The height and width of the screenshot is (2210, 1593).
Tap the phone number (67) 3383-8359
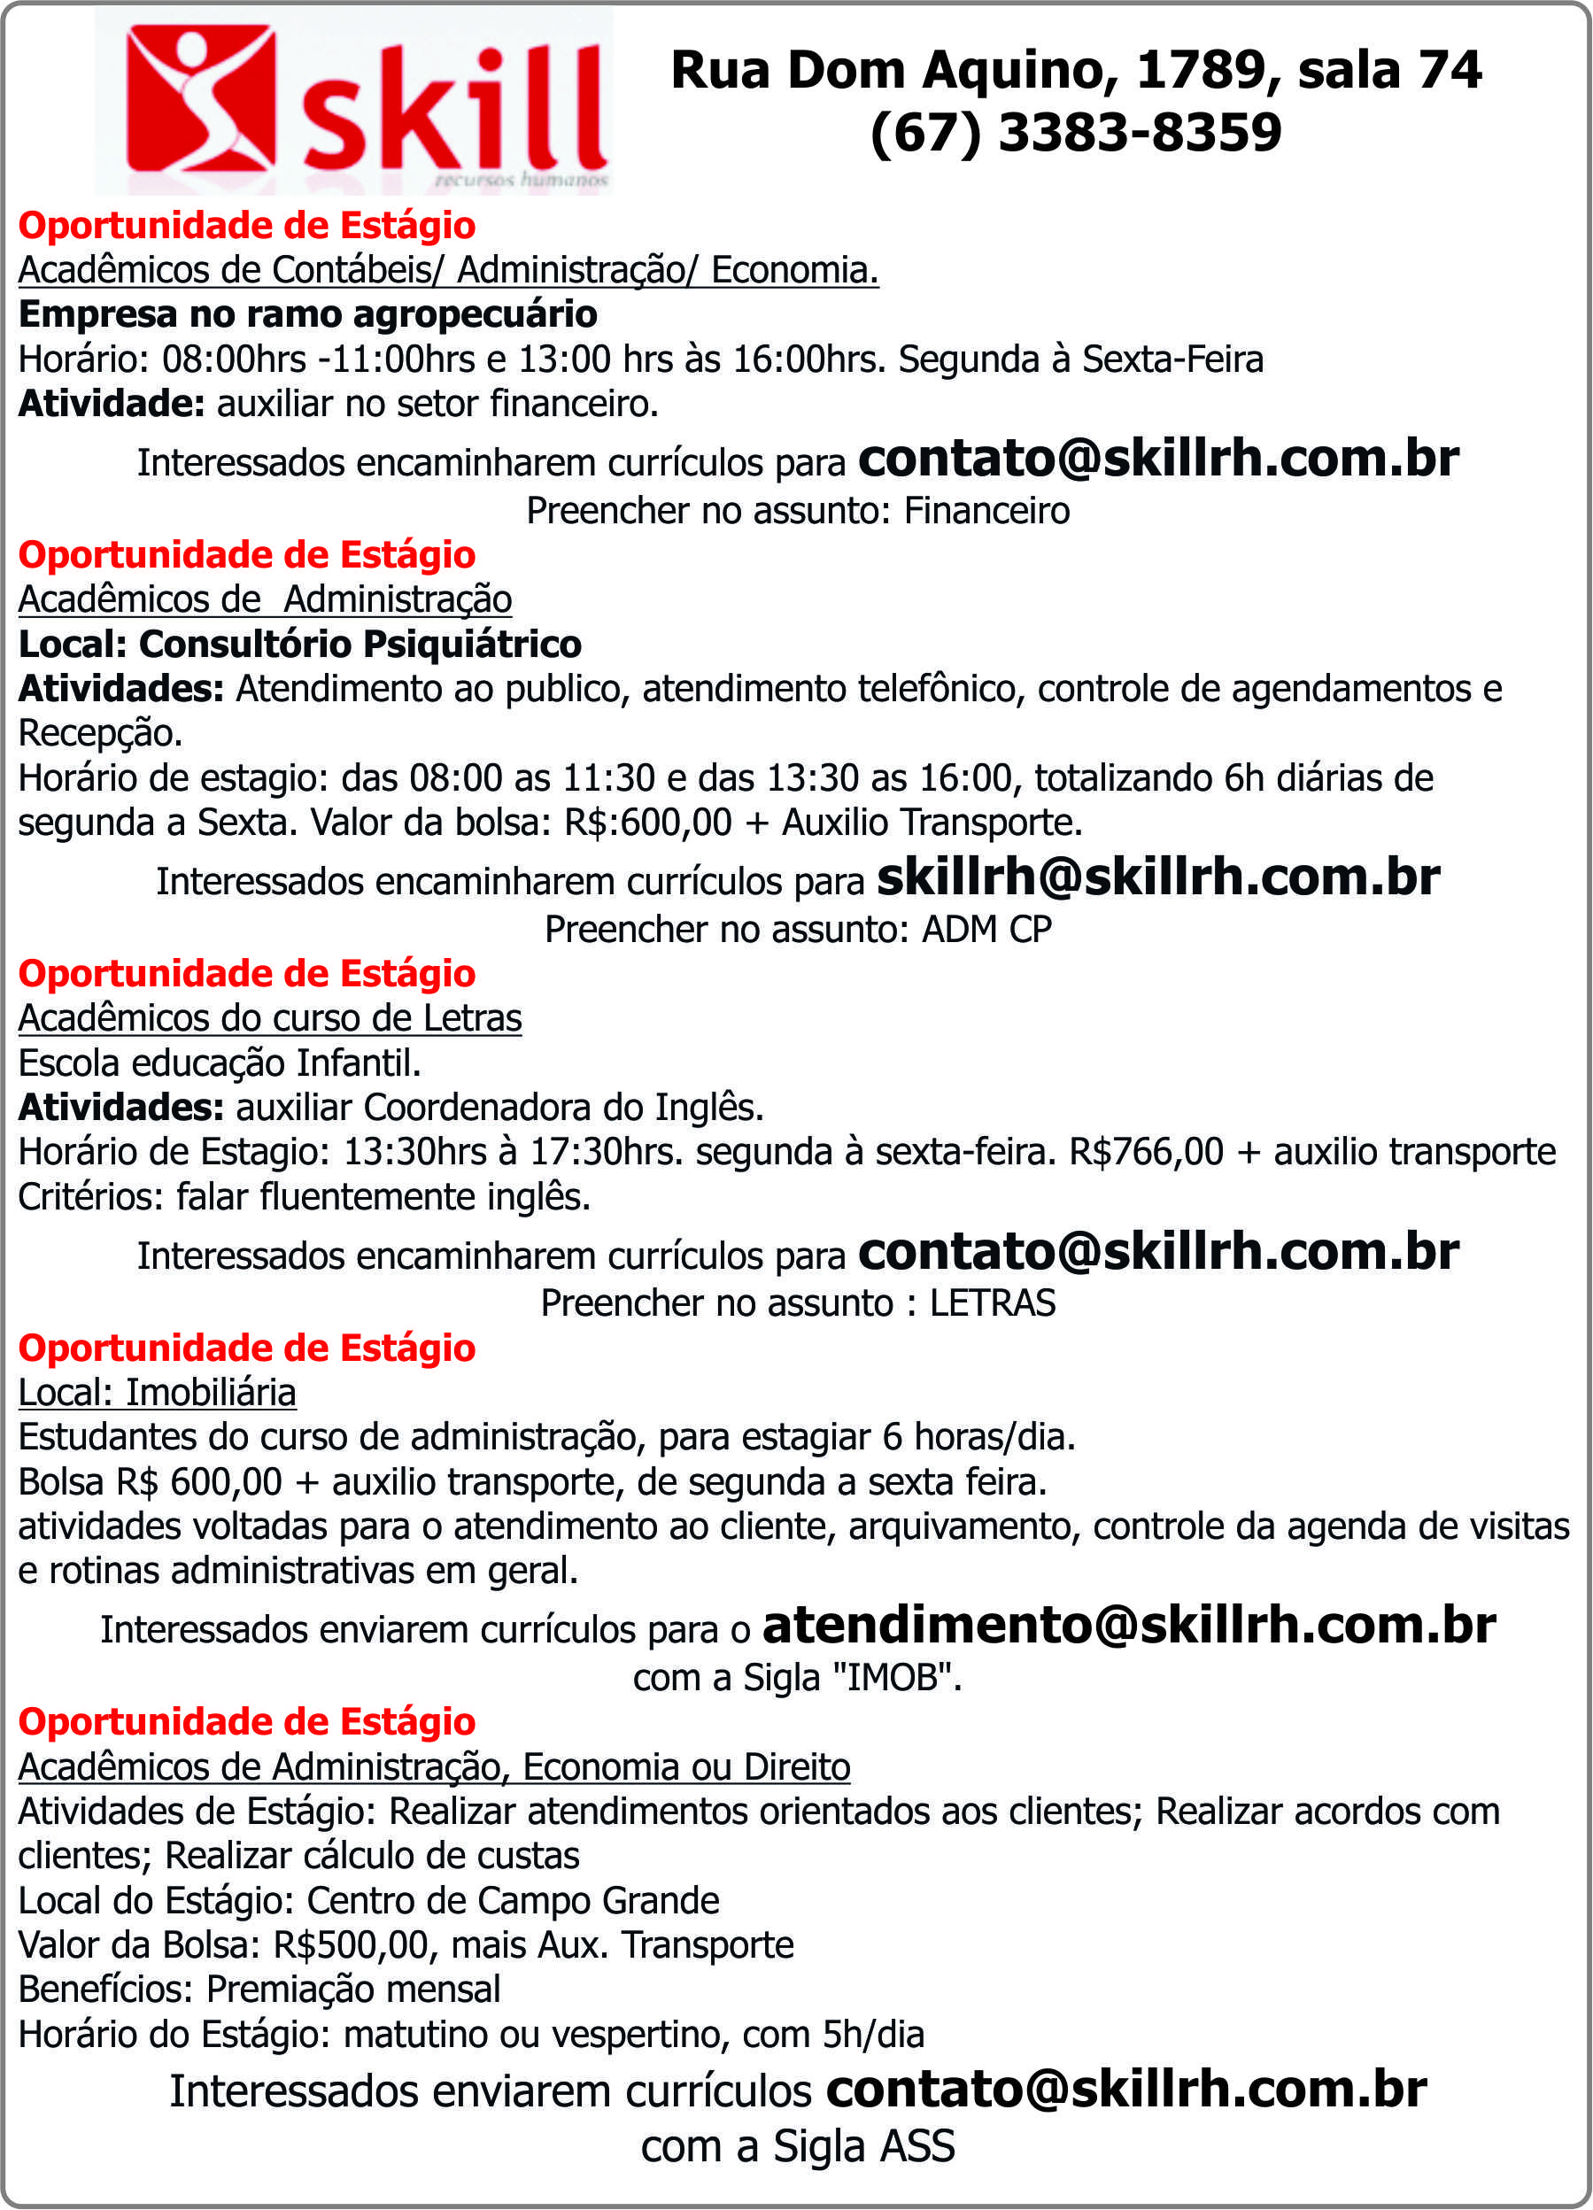[1075, 133]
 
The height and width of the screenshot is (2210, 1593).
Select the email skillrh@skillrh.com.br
[1157, 878]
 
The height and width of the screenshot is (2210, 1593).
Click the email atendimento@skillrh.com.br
[1128, 1626]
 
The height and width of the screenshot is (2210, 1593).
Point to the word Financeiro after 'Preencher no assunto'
[986, 511]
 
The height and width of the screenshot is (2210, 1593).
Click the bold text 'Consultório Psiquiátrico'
[360, 644]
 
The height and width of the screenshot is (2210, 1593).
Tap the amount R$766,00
[1146, 1152]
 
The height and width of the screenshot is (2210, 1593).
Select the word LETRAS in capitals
[992, 1302]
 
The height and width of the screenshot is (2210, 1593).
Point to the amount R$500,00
[350, 1945]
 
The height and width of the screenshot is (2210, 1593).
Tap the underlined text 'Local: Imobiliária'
[157, 1393]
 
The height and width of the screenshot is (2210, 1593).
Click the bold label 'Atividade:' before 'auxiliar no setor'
[111, 404]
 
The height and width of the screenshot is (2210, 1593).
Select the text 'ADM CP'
[986, 930]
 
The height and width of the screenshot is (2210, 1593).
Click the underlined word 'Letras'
[472, 1018]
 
